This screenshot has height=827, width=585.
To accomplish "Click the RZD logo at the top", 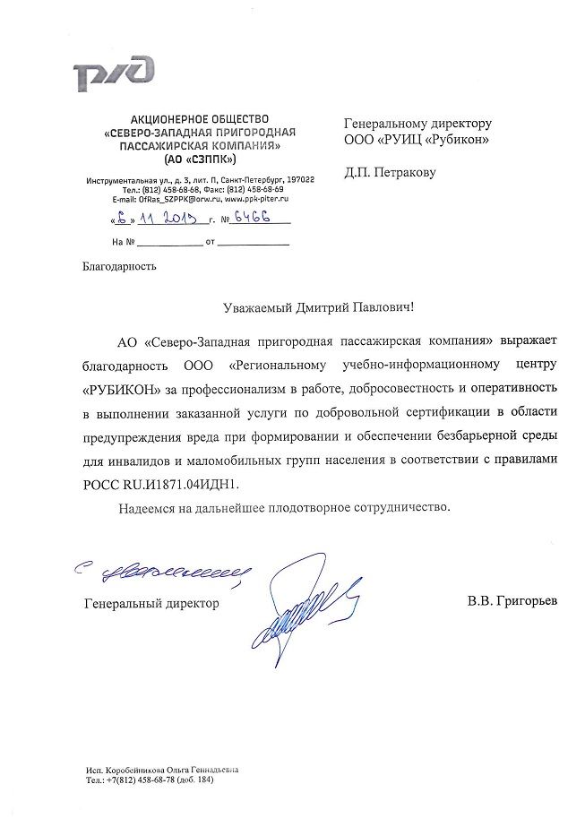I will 115,75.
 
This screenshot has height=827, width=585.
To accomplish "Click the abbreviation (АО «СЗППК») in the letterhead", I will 200,159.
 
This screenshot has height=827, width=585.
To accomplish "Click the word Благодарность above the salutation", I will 119,266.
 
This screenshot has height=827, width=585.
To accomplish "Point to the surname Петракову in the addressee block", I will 400,172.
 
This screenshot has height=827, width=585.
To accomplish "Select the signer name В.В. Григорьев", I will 512,602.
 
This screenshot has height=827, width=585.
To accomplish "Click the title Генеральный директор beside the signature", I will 151,604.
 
